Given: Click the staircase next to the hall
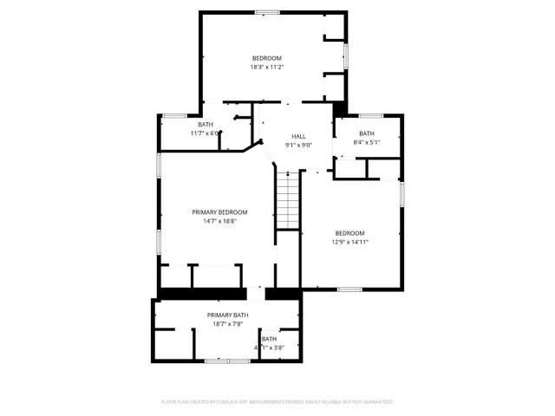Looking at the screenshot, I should tap(287, 200).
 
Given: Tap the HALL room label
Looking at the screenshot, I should tap(298, 136).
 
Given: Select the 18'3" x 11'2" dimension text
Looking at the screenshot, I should tap(267, 67).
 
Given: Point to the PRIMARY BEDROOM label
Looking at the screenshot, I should tap(219, 212).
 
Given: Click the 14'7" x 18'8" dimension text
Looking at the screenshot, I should tap(219, 221).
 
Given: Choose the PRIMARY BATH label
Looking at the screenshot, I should tap(227, 315).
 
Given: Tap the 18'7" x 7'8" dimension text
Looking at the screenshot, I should tap(227, 324).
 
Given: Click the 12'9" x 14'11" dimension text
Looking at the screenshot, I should tap(349, 242).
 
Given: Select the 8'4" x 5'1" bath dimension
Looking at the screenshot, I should tap(367, 142).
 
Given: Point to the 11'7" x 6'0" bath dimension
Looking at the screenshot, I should tap(206, 133).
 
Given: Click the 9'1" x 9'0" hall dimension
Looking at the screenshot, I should tap(298, 145).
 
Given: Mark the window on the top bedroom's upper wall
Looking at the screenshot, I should tap(267, 12).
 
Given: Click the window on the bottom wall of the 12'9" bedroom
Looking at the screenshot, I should tap(349, 289).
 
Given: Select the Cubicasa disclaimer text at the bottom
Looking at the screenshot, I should tap(277, 402).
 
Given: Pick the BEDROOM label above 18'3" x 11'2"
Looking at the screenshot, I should tap(267, 58).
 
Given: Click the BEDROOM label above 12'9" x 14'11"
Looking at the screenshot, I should tap(349, 233).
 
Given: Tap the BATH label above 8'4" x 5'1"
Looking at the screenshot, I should tap(367, 133).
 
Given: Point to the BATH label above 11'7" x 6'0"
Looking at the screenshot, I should tap(206, 125).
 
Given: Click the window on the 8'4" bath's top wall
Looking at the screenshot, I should tap(372, 114).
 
